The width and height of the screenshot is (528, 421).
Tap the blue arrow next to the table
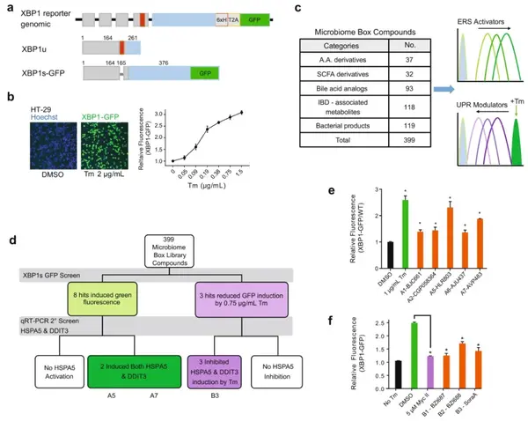[448, 90]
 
